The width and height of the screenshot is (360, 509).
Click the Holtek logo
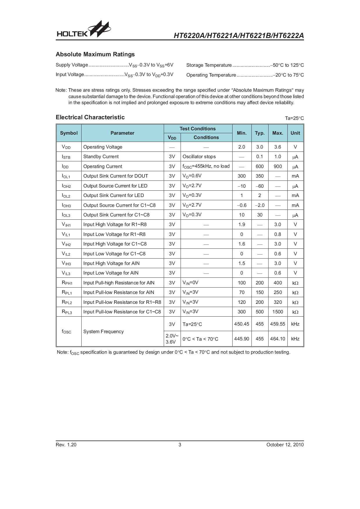[x=84, y=30]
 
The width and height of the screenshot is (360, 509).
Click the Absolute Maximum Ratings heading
[x=95, y=54]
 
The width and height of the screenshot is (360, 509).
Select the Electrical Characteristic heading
[x=90, y=117]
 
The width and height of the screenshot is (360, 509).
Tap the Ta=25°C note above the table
[x=294, y=118]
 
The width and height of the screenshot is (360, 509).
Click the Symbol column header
[x=69, y=133]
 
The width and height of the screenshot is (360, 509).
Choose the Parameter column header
[x=122, y=133]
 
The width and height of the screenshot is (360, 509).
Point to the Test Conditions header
[x=197, y=129]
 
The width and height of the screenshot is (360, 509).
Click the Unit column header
[x=295, y=133]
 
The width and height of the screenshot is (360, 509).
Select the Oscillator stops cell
[x=199, y=157]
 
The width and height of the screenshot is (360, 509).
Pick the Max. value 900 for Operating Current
[x=278, y=167]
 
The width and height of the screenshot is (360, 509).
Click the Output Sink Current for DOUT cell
[x=116, y=176]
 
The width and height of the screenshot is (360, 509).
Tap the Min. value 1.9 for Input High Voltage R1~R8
[x=242, y=225]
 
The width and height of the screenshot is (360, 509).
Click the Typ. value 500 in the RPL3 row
[x=260, y=312]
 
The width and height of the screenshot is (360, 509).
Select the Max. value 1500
[x=278, y=312]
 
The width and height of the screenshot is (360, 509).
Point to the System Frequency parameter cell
[x=103, y=332]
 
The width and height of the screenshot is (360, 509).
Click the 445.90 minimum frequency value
[x=242, y=339]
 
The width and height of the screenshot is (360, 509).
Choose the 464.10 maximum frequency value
[x=278, y=339]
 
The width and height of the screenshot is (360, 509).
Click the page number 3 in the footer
[x=180, y=445]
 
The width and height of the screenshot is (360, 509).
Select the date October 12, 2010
[x=285, y=445]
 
